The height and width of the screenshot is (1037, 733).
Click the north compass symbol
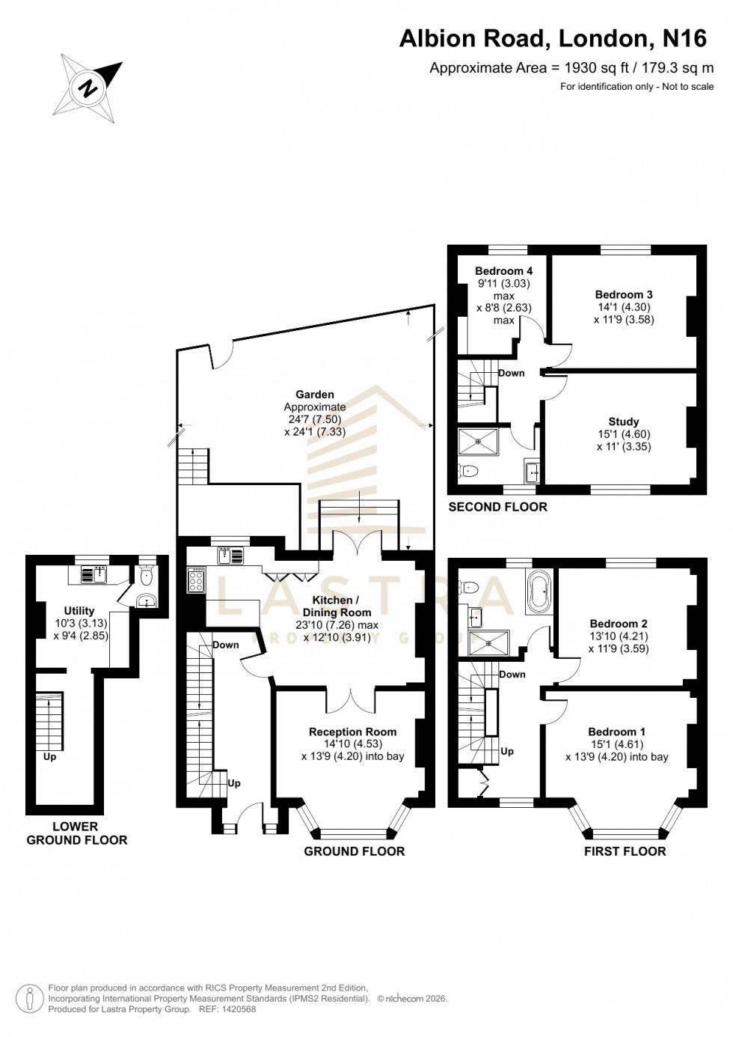[88, 88]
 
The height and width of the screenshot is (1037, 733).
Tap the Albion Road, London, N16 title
[552, 38]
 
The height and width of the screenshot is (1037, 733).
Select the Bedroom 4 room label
[503, 271]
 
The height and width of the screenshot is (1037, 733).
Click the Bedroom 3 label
[624, 295]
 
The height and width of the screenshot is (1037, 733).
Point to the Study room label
[623, 422]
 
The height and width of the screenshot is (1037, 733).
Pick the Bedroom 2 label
[619, 624]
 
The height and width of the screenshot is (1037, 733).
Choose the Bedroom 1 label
[616, 732]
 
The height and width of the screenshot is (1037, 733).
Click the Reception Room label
[352, 732]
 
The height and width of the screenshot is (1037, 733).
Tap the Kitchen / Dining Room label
[337, 606]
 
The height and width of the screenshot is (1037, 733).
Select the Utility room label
[79, 611]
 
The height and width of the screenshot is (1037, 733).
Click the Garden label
[315, 395]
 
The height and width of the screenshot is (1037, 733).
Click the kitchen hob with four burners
[196, 580]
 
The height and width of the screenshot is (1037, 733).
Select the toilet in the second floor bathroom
[469, 471]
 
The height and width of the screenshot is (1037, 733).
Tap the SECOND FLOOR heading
[497, 507]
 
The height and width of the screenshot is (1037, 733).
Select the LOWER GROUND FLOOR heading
[76, 833]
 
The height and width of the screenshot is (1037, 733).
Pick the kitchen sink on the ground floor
[230, 556]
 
